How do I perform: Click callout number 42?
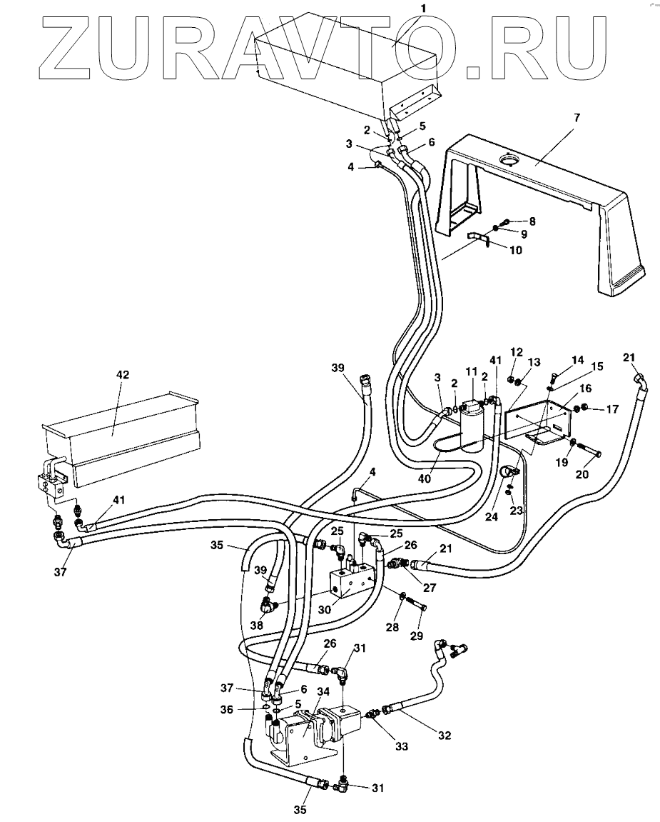click(x=123, y=376)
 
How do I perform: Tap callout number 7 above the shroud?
click(x=577, y=117)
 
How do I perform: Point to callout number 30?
click(x=325, y=610)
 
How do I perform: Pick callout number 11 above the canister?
click(x=472, y=371)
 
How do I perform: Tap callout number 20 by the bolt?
click(x=582, y=474)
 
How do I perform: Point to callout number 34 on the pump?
click(x=323, y=691)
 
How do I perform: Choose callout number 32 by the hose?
click(x=445, y=736)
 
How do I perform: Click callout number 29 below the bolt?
click(x=417, y=636)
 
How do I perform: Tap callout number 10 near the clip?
click(x=515, y=251)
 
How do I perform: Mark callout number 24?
click(x=492, y=516)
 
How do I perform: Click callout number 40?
click(x=425, y=478)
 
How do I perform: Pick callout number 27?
click(x=430, y=588)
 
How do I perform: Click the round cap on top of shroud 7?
click(x=507, y=158)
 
